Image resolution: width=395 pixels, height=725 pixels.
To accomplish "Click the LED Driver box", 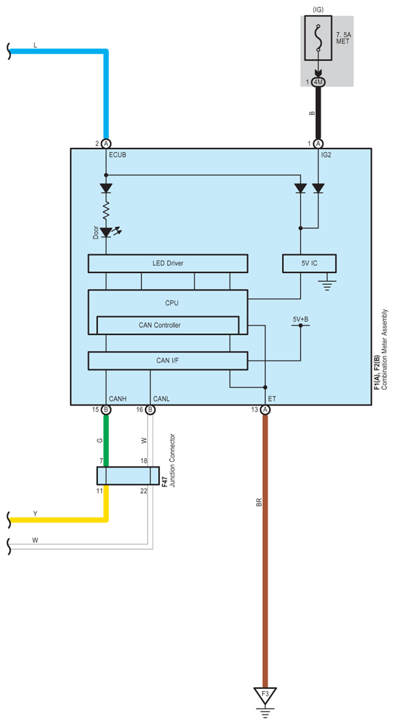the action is [168, 264].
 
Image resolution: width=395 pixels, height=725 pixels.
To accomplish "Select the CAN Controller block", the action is [168, 325].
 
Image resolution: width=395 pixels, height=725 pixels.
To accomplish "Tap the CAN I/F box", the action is [168, 360].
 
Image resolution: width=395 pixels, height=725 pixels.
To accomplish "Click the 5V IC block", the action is [309, 264].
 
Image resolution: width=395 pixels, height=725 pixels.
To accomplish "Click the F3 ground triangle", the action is [265, 694].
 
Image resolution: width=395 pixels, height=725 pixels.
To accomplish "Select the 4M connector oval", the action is [318, 82].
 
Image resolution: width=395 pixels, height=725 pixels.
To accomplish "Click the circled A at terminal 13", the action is [265, 410].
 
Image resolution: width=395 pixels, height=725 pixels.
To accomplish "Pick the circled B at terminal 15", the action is [106, 410].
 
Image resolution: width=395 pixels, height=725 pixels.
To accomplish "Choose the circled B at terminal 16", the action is [150, 410].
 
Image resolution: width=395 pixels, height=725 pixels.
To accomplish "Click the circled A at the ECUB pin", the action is [106, 143].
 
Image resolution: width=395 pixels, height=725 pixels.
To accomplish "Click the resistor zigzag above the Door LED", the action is [106, 211].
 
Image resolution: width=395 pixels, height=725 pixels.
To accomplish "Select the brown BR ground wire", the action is [265, 551].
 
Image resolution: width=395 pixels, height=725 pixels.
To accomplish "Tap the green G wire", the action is [106, 440].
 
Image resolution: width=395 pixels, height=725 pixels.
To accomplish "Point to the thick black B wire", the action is [318, 113].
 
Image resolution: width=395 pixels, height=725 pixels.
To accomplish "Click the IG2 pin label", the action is [326, 155].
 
